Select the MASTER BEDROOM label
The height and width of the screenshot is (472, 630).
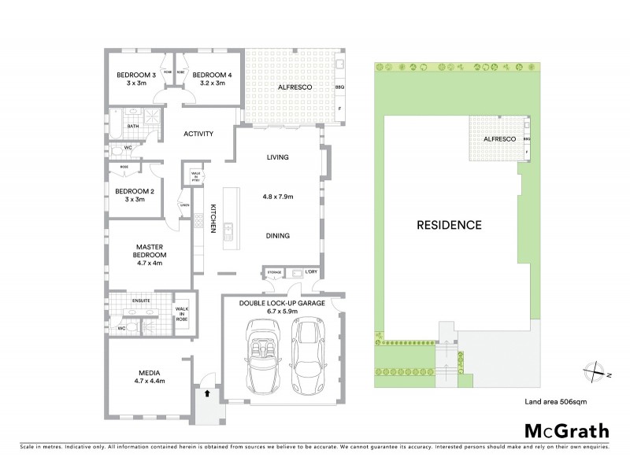149,251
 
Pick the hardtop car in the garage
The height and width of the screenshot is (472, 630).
306,356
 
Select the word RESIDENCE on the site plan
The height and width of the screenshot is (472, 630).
449,225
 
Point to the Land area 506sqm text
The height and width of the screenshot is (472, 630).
556,401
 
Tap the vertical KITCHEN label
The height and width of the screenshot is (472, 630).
213,217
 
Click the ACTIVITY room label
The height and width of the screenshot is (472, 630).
198,134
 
